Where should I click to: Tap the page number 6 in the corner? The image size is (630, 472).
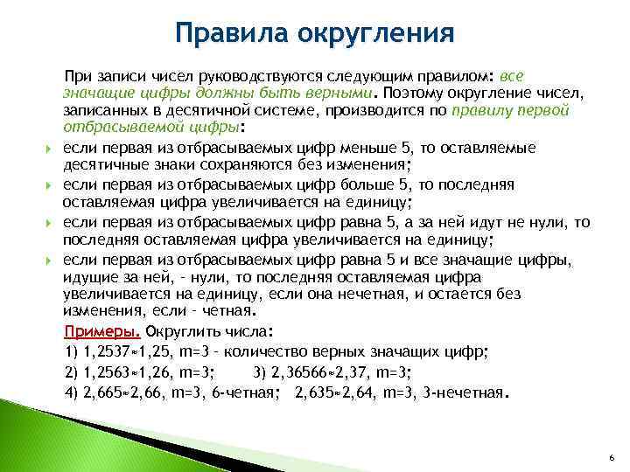(611, 458)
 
